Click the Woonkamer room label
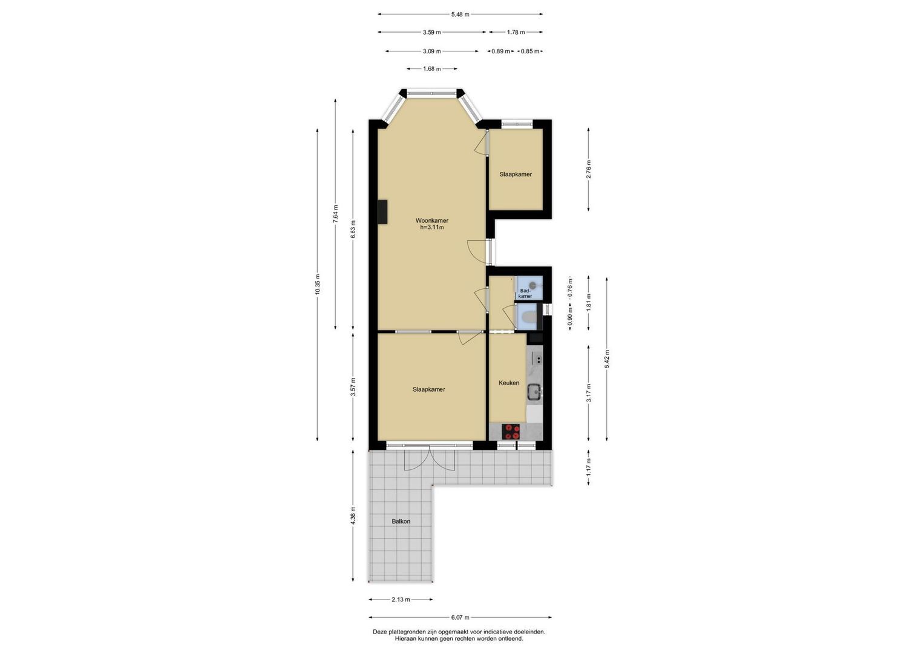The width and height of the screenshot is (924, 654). coord(431,220)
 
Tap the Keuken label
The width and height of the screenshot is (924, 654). coord(509,383)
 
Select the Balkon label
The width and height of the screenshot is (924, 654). coord(401,521)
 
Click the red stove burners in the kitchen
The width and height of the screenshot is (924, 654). coord(511,431)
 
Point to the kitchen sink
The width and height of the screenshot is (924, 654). coord(536,391)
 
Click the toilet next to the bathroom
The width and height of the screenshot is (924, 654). coord(528,317)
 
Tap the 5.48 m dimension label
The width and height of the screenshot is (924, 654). coord(460,15)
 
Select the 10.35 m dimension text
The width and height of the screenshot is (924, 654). coord(317,285)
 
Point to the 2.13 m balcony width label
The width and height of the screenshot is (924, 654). coord(401,599)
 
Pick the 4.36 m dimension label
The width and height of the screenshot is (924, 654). coord(353,515)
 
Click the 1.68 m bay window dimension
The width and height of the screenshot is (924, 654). coord(431,69)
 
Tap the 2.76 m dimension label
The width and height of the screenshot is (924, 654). coord(589,169)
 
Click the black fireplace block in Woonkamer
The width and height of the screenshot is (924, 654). coord(94,212)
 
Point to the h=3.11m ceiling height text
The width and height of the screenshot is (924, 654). coord(432,227)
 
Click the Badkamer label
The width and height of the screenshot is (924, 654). coord(525,294)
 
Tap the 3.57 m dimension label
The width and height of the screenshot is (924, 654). coord(353,388)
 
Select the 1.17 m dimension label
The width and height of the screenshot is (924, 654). coord(589,467)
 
